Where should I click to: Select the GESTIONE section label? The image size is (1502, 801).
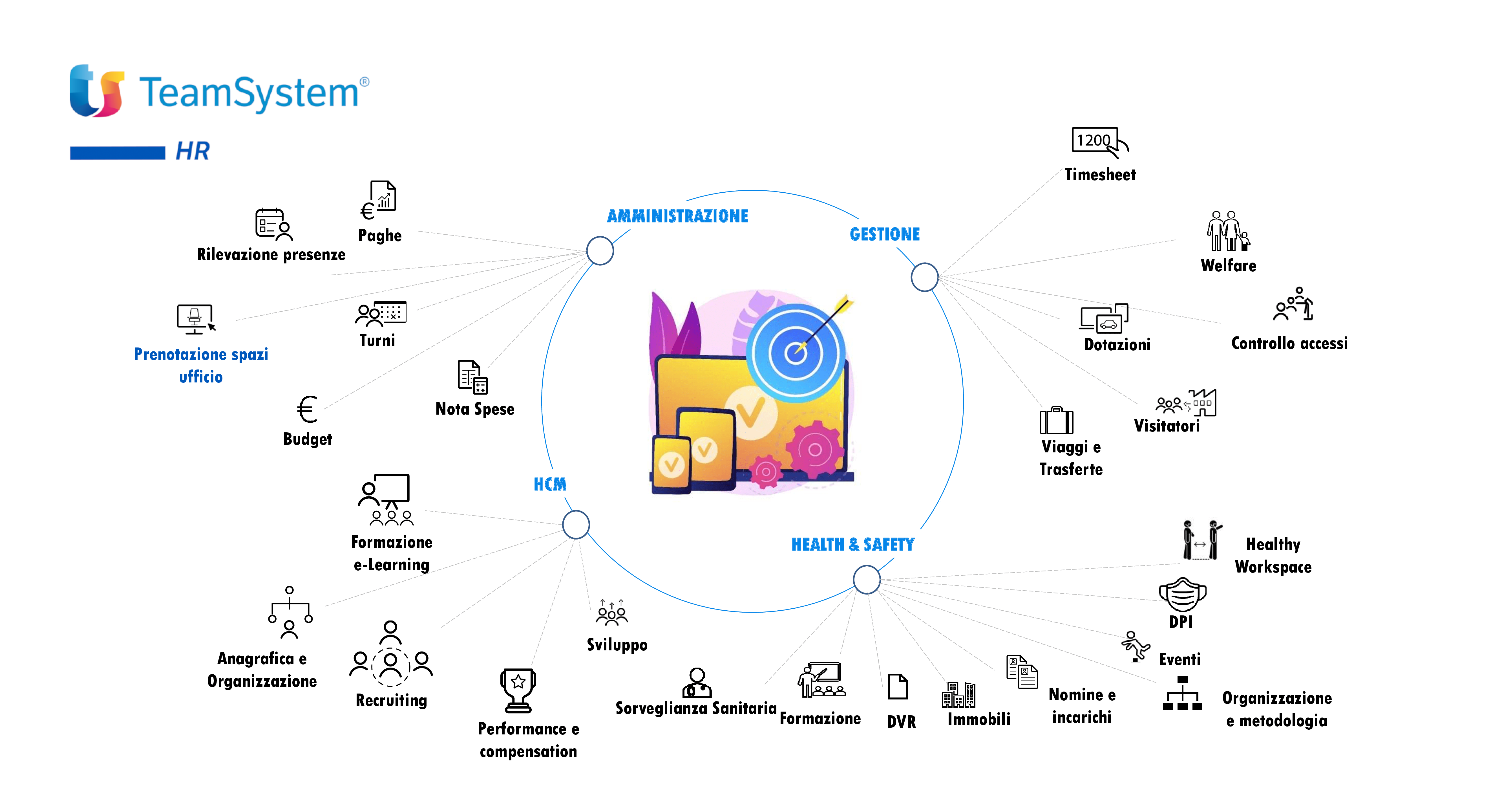point(885,235)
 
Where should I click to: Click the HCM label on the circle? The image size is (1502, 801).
point(550,484)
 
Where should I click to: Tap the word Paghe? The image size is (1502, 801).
point(379,236)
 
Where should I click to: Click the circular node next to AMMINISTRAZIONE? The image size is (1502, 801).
point(600,251)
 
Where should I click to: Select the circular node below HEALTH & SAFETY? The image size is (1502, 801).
point(867,579)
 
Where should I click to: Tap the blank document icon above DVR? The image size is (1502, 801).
point(897,687)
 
